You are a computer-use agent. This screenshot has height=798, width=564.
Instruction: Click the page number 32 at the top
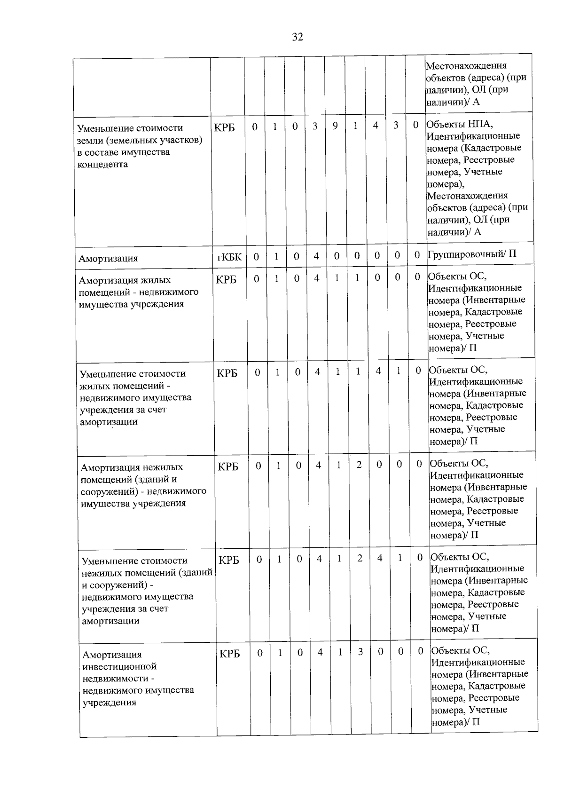298,37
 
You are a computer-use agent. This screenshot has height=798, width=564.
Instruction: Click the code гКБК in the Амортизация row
229,257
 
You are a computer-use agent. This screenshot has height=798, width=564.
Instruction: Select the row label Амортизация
108,258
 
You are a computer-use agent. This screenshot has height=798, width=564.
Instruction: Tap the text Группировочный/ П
471,254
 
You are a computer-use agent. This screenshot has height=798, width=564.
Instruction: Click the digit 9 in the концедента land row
335,126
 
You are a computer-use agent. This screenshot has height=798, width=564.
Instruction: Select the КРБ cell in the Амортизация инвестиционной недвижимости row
229,654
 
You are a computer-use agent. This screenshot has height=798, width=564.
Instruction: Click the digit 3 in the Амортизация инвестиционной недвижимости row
360,653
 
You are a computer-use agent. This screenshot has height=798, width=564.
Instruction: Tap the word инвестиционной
119,666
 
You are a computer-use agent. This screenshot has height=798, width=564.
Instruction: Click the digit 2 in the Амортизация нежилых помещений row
359,465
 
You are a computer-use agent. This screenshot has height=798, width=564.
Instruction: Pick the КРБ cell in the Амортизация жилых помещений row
226,280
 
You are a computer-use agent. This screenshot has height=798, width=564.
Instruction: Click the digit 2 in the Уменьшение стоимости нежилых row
360,559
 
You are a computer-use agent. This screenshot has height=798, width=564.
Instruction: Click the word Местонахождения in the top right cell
466,65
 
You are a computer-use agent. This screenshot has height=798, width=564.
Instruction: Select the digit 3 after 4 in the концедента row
396,126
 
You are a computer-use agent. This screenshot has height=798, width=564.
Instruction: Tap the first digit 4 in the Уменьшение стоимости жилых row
318,372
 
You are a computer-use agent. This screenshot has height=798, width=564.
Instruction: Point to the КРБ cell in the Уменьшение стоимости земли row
225,127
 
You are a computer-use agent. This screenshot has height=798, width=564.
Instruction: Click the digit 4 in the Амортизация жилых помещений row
317,278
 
